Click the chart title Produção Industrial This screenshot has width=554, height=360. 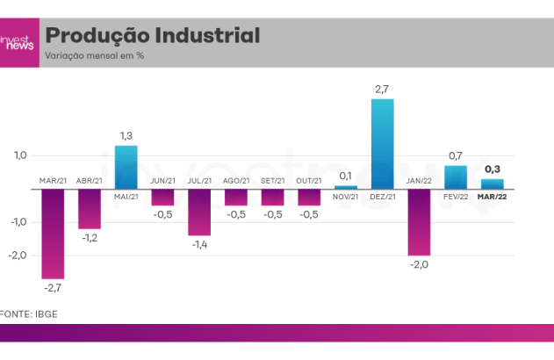152,36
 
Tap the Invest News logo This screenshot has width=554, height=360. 18,43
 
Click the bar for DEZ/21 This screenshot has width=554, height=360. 382,144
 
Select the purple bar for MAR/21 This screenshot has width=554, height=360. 53,233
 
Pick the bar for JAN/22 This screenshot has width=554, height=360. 419,221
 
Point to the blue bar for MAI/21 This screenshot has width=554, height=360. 126,167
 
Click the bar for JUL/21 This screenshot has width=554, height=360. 199,212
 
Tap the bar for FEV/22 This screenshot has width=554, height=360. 455,176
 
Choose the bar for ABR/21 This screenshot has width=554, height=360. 90,208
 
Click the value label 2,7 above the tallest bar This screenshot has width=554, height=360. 382,90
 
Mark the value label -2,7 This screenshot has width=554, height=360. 53,286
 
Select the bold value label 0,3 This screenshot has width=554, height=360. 493,169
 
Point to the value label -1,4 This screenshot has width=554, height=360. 199,245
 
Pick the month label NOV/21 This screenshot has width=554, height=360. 346,197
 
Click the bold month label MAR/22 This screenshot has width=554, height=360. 492,197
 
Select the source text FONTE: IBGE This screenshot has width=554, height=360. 29,313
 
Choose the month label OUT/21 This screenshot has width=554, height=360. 309,182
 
